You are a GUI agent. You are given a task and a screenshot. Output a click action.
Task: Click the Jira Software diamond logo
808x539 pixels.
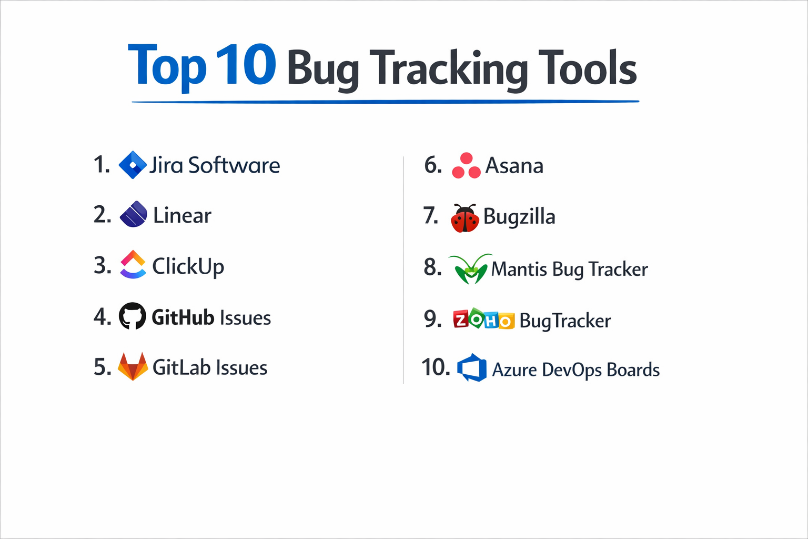coord(133,165)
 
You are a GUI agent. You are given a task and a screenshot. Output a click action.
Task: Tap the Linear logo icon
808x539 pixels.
coord(133,214)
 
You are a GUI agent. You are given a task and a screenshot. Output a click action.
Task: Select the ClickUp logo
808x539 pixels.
coord(133,264)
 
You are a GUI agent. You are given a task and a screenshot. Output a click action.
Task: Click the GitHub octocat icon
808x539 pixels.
coord(132,316)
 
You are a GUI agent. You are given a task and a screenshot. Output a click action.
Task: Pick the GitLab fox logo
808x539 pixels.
coord(133,366)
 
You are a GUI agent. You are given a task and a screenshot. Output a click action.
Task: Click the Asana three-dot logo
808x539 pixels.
coord(466,166)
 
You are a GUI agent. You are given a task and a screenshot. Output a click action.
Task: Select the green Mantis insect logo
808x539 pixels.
coord(470,269)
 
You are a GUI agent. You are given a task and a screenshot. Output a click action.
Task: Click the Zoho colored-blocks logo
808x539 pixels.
coord(483,319)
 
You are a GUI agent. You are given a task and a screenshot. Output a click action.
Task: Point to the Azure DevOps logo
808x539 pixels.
coord(472,368)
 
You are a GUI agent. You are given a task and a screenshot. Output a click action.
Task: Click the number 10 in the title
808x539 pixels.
coord(245,65)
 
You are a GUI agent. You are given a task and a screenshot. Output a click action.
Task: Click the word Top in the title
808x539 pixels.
coord(167,66)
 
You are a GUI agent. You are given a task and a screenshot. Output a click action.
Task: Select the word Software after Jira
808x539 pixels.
coord(234,165)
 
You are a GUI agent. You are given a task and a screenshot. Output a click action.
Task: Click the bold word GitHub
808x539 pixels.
coord(183,317)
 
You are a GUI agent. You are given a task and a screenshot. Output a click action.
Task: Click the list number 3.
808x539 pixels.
coord(102,265)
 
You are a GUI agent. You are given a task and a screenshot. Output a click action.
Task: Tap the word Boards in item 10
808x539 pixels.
coord(633,370)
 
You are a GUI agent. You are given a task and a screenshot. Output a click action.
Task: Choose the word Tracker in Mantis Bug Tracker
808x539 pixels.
coord(618,269)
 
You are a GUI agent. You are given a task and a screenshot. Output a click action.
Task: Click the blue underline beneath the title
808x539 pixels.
coord(385,102)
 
